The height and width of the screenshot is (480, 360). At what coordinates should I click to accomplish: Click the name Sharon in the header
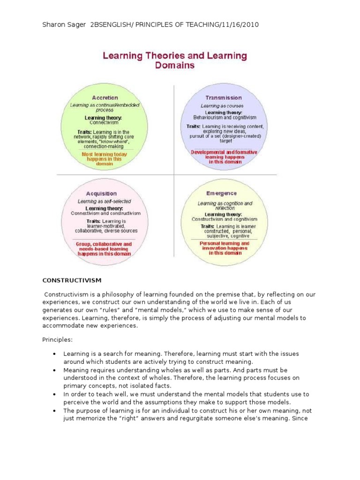pos(54,24)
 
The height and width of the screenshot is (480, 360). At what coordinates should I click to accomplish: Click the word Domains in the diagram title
pos(175,66)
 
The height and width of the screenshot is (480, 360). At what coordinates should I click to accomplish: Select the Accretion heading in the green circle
pos(105,97)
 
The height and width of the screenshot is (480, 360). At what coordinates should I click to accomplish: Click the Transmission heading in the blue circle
pos(224,97)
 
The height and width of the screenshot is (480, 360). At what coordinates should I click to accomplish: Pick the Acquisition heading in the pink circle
pos(101,193)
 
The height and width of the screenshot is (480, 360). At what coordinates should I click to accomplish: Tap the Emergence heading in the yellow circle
pos(221,193)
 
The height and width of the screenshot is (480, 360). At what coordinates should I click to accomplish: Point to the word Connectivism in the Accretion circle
pos(104,122)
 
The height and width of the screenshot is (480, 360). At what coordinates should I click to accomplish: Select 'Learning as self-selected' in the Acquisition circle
pos(104,201)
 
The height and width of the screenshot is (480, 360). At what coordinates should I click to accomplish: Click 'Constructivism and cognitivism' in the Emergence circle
pos(224,219)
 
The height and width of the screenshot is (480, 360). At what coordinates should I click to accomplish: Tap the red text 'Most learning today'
pos(104,154)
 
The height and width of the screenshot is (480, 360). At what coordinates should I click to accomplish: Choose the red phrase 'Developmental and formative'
pos(224,152)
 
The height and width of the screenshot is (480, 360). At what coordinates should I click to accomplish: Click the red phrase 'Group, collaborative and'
pos(104,244)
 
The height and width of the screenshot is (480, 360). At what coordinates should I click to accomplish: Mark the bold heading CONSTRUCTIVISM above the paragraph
pos(72,280)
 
